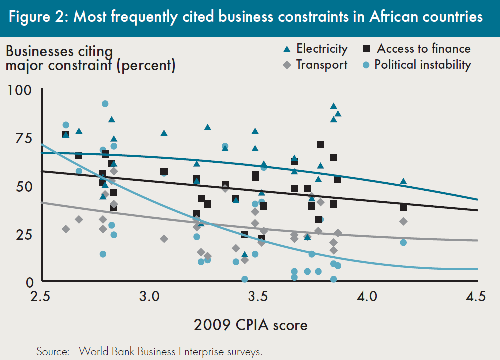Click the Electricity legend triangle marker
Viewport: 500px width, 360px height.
coord(287,49)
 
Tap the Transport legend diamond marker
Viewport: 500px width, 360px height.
coord(287,65)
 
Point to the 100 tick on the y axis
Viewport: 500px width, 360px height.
coord(21,91)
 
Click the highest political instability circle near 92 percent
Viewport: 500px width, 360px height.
coord(105,104)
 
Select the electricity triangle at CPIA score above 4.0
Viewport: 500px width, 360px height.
coord(403,181)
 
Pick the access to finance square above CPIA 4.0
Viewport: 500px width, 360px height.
coord(403,207)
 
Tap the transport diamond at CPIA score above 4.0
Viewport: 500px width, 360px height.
coord(403,221)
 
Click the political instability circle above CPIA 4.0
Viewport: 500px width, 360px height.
coord(403,242)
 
